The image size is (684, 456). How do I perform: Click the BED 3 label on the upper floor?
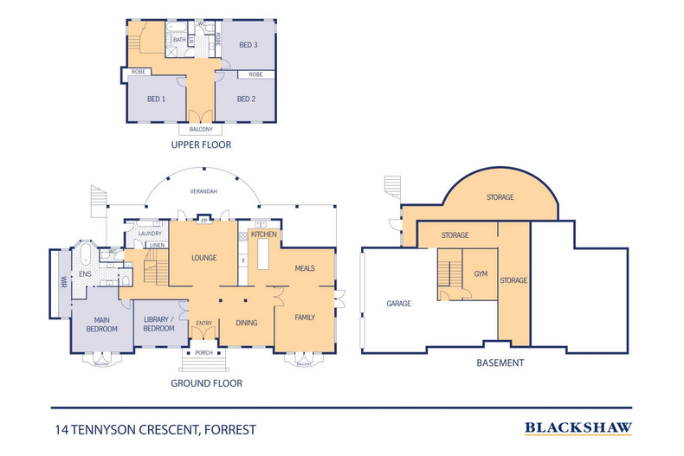point(249,45)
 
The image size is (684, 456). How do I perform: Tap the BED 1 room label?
point(156,100)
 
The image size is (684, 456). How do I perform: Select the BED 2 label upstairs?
point(247,100)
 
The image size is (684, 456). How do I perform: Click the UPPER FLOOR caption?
point(201,145)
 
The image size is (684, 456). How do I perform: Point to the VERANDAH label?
point(203,191)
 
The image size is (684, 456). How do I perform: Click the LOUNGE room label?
point(203,258)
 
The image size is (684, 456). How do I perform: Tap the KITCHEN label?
point(263,234)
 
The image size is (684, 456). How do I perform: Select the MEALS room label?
point(304,268)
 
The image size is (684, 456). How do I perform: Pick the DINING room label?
point(247,324)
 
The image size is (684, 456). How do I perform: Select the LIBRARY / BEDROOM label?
point(159,324)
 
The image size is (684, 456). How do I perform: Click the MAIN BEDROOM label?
point(101,324)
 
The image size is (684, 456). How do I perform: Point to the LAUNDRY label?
point(151,234)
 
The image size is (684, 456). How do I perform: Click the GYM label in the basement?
point(481,274)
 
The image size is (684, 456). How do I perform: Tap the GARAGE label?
point(399,304)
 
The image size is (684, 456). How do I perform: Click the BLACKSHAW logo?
point(578,427)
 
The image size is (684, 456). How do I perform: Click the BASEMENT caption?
point(500,363)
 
